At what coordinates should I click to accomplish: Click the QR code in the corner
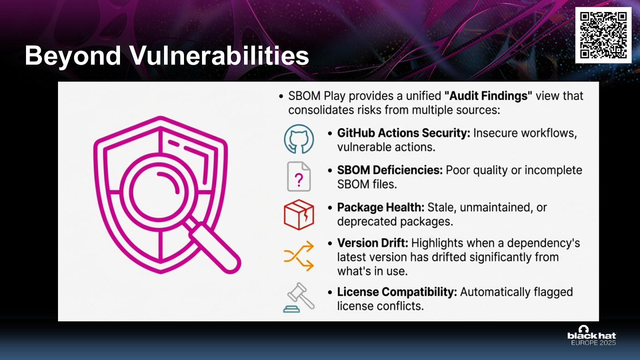click(x=603, y=35)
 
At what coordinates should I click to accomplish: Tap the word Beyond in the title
click(x=72, y=56)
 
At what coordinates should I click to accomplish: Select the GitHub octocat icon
click(x=299, y=139)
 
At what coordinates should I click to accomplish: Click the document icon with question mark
click(x=299, y=176)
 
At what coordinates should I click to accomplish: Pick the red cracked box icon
click(x=299, y=214)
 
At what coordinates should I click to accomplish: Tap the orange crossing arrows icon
click(x=299, y=256)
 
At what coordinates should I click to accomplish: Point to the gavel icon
click(x=299, y=298)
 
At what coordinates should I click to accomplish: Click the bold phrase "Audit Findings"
click(x=488, y=96)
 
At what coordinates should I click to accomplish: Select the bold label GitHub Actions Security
click(x=404, y=133)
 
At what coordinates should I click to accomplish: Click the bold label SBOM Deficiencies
click(x=390, y=170)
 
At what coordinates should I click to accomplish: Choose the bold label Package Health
click(x=380, y=208)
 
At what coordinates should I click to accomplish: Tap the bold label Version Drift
click(x=372, y=243)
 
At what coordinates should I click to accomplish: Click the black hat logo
click(x=592, y=332)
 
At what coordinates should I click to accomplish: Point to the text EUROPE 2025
click(x=594, y=342)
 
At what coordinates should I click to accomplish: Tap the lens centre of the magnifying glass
click(x=159, y=192)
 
